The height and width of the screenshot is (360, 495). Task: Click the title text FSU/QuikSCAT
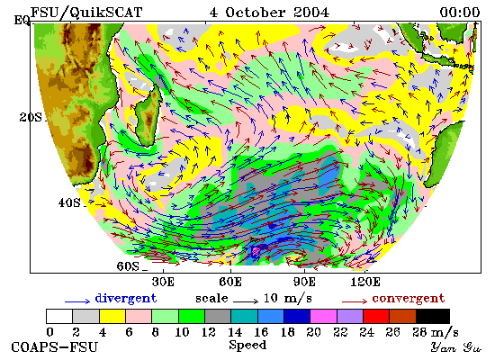pyautogui.click(x=85, y=13)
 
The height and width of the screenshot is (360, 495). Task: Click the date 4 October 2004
pyautogui.click(x=269, y=13)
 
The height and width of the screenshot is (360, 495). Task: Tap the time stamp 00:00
pyautogui.click(x=460, y=13)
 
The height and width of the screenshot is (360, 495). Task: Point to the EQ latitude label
pyautogui.click(x=22, y=21)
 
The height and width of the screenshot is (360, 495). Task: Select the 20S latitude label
pyautogui.click(x=31, y=117)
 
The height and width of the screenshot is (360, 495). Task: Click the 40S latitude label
pyautogui.click(x=69, y=202)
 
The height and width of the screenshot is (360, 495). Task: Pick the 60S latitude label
pyautogui.click(x=128, y=266)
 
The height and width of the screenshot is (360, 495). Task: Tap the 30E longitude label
pyautogui.click(x=163, y=282)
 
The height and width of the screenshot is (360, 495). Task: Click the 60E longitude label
pyautogui.click(x=230, y=282)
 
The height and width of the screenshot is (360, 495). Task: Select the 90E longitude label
pyautogui.click(x=304, y=282)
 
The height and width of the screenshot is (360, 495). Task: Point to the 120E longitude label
pyautogui.click(x=365, y=282)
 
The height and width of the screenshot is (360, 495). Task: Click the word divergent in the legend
pyautogui.click(x=126, y=299)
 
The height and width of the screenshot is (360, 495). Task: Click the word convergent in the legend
pyautogui.click(x=409, y=299)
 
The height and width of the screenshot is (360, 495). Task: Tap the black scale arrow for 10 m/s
pyautogui.click(x=246, y=301)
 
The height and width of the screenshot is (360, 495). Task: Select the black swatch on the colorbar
pyautogui.click(x=433, y=317)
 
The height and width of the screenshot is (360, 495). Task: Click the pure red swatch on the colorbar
pyautogui.click(x=376, y=317)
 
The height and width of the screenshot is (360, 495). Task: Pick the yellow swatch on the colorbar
pyautogui.click(x=112, y=317)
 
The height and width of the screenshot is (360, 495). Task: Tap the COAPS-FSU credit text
pyautogui.click(x=54, y=346)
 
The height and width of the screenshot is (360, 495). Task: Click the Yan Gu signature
pyautogui.click(x=456, y=347)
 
